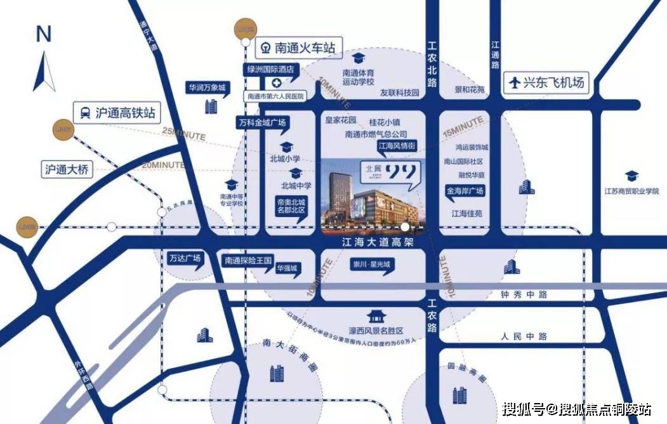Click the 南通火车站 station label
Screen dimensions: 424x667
[298, 47]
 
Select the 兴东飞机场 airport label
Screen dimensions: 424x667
[546, 83]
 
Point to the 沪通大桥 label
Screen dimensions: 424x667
[68, 169]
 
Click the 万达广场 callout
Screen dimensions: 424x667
[185, 258]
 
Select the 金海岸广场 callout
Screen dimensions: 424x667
[465, 190]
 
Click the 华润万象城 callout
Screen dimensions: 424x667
[206, 88]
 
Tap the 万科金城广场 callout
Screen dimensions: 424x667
[261, 122]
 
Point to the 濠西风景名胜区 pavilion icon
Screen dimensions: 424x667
[376, 315]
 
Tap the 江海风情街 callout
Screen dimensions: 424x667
[397, 145]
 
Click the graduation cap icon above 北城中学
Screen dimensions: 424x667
[295, 173]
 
